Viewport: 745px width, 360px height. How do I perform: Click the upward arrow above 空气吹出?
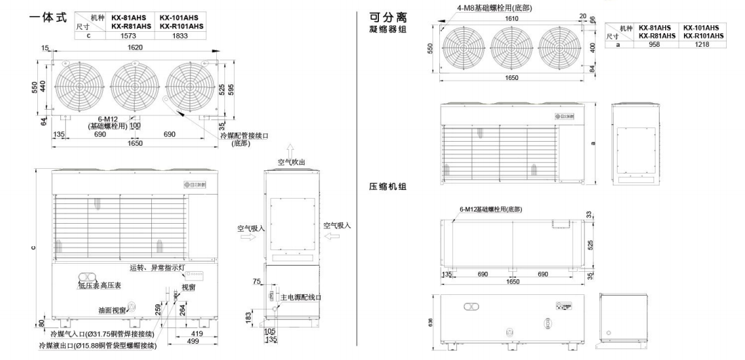290,148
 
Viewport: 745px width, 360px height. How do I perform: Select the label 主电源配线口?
300,298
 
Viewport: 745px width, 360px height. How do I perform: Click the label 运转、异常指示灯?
157,268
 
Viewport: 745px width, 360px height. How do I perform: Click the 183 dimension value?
248,317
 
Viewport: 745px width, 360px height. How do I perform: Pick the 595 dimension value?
232,91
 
